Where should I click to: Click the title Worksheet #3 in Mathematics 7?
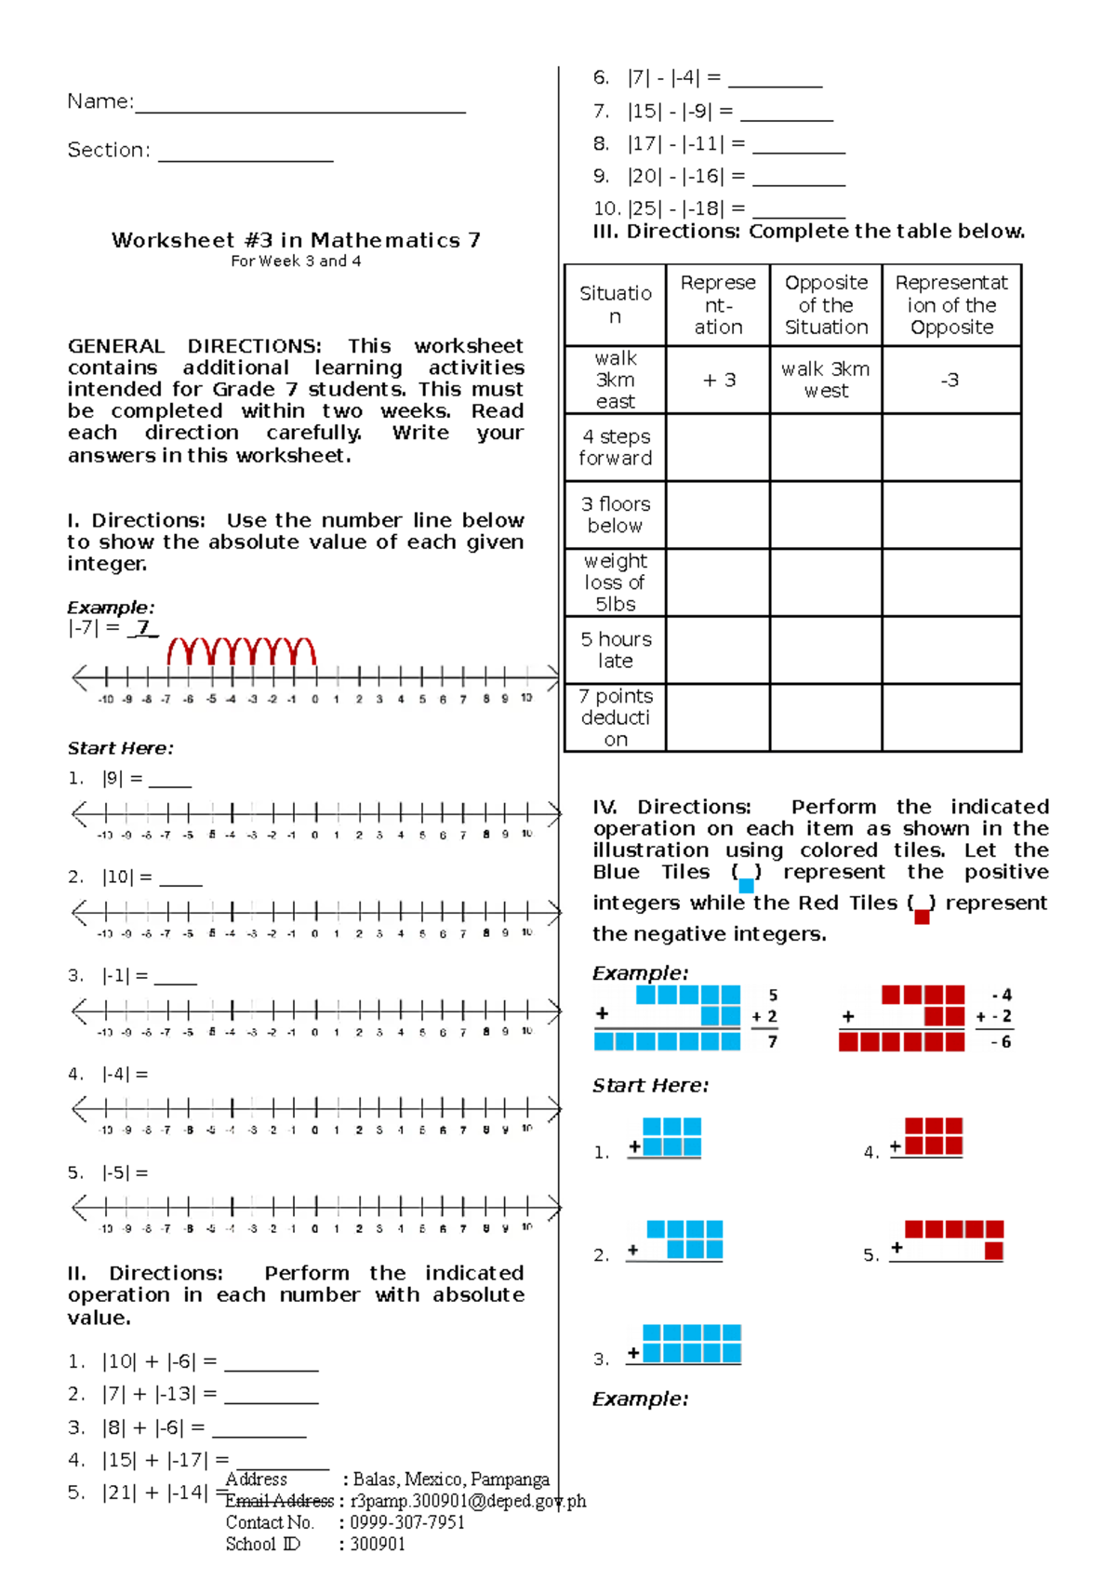[x=296, y=240]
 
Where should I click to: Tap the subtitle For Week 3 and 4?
[x=296, y=261]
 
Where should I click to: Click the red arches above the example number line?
[x=242, y=650]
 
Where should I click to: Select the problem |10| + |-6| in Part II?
[x=159, y=1361]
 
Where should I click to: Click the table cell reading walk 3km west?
[x=826, y=380]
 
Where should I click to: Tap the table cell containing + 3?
[x=719, y=380]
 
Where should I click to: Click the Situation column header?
[x=615, y=304]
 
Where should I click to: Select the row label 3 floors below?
[x=615, y=515]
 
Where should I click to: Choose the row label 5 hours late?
[x=616, y=649]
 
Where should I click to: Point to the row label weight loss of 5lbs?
[x=615, y=582]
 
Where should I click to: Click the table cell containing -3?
[x=950, y=380]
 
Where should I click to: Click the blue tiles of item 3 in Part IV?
[x=691, y=1343]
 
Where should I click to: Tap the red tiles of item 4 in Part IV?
[x=934, y=1135]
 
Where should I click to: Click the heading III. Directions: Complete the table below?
[x=808, y=231]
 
